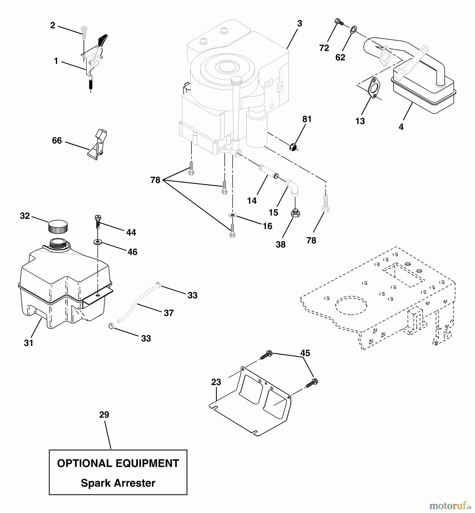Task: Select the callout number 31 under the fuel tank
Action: [28, 343]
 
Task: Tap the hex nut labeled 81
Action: [293, 147]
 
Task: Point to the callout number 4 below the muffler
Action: [401, 127]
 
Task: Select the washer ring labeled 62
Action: [352, 29]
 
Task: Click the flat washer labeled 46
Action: [98, 242]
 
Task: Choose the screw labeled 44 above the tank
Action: [97, 221]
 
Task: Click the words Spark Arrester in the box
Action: [118, 483]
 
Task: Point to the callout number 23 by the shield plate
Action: [216, 382]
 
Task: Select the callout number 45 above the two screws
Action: [305, 353]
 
